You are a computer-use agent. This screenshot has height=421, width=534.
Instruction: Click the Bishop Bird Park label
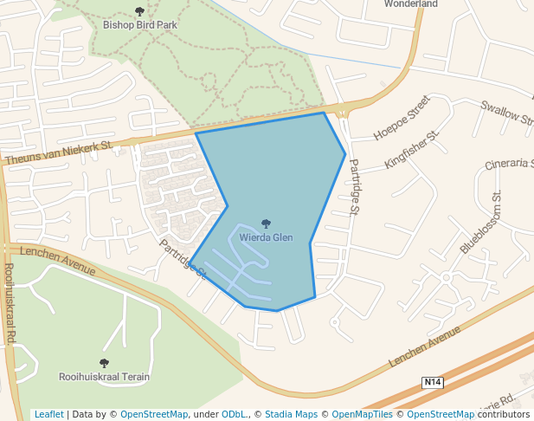[x=140, y=25]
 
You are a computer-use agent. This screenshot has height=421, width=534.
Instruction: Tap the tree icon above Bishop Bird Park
[x=140, y=11]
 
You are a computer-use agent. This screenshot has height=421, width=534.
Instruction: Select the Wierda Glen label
[x=266, y=237]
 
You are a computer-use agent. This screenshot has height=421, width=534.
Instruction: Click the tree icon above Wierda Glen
[x=266, y=224]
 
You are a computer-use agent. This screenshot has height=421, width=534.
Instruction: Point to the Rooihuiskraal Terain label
[x=104, y=377]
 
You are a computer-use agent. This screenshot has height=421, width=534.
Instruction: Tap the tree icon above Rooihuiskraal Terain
[x=104, y=364]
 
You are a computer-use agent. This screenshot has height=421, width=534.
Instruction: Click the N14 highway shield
[x=433, y=382]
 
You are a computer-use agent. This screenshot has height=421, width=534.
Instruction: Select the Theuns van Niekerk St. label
[x=59, y=153]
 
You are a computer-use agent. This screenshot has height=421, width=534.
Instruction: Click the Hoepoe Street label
[x=402, y=118]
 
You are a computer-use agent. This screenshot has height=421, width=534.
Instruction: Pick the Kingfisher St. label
[x=413, y=150]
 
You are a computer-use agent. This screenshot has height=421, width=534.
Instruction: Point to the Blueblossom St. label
[x=481, y=223]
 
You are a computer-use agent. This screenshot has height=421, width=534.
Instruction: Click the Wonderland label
[x=411, y=3]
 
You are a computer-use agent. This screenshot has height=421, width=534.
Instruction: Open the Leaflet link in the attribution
[x=48, y=414]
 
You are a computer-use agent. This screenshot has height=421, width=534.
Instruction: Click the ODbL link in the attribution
[x=234, y=414]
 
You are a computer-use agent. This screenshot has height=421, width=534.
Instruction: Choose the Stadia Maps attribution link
[x=291, y=414]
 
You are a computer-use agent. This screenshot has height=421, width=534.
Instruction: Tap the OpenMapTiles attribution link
[x=364, y=414]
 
